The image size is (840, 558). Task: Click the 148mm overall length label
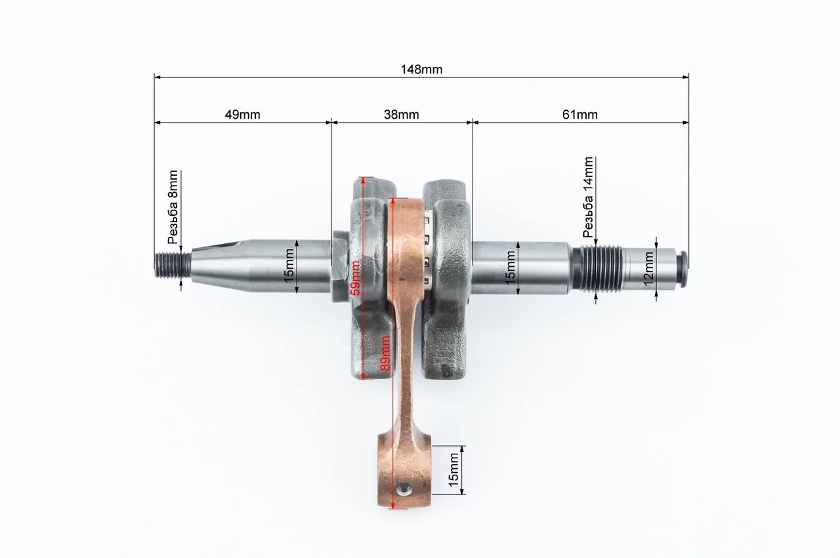[421, 70]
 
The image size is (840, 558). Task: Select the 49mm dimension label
[242, 114]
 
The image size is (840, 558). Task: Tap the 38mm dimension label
[401, 114]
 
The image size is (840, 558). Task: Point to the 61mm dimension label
[579, 114]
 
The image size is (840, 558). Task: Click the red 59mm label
[356, 277]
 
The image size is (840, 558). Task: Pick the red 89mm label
[385, 353]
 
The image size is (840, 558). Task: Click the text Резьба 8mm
[173, 207]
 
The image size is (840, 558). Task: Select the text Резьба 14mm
[588, 197]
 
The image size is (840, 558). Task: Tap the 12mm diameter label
[648, 269]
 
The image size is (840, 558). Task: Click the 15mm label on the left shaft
[289, 266]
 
